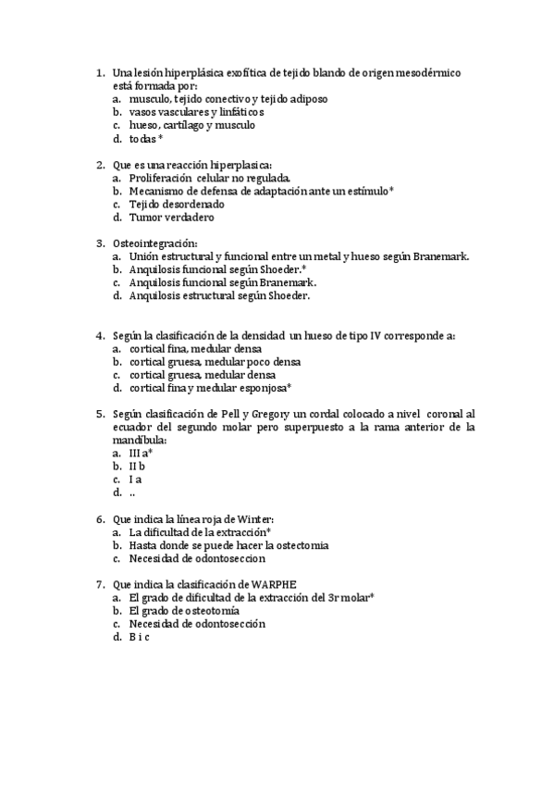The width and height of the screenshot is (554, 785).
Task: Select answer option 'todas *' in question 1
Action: [146, 138]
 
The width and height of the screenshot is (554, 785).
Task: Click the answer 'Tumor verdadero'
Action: [172, 218]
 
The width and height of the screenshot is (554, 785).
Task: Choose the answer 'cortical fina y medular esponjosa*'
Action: [211, 388]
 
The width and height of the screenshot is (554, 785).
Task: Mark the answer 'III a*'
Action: [141, 454]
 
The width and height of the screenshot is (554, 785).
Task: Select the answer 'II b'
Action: [137, 467]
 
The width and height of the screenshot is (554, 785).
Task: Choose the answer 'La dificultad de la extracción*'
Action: [200, 532]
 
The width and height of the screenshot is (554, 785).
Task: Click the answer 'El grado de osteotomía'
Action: [184, 611]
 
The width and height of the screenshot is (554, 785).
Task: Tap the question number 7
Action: [100, 584]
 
